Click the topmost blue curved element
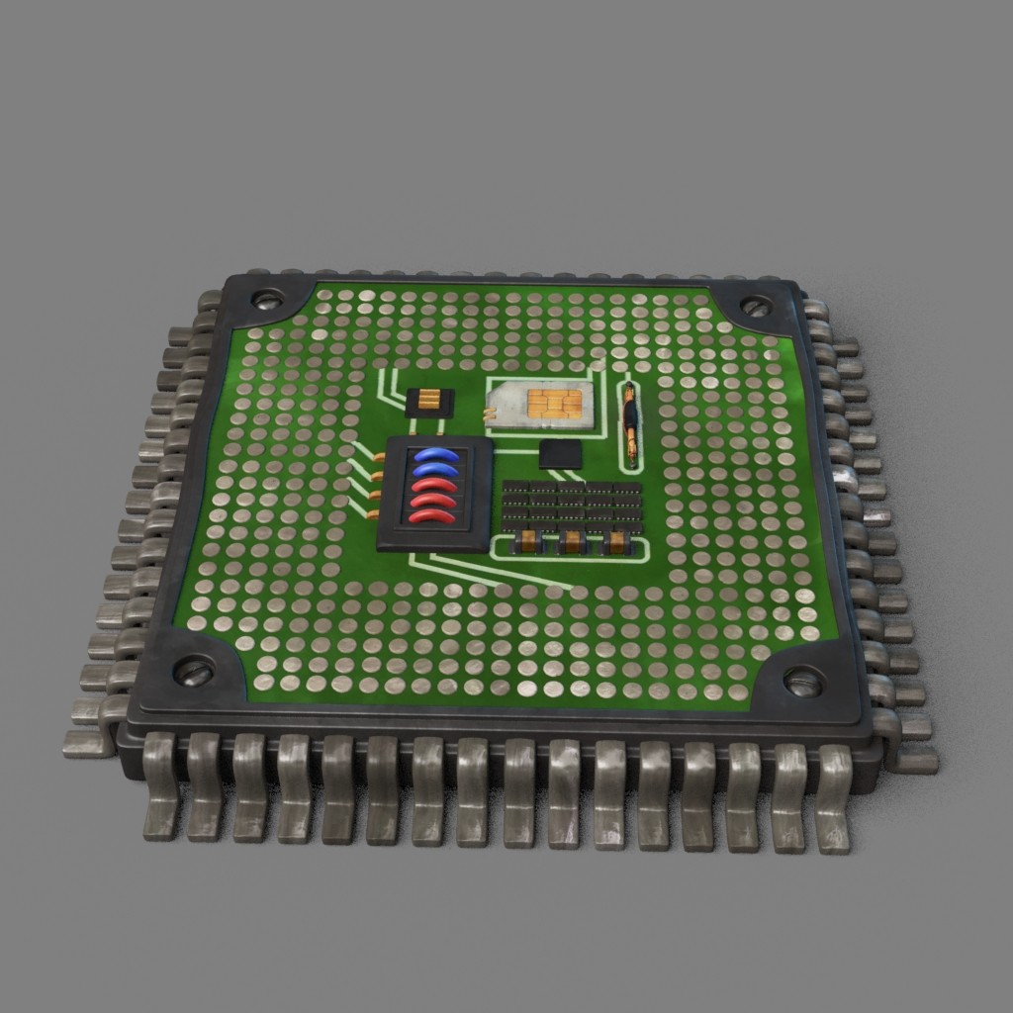(436, 455)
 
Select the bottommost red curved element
(433, 516)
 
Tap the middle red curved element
(433, 501)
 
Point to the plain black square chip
(561, 454)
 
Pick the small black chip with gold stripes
(430, 402)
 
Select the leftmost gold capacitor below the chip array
(527, 540)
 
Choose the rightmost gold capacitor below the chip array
(617, 541)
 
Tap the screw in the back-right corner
(755, 307)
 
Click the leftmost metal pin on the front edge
(161, 786)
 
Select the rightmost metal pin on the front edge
(834, 797)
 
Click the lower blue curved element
(435, 470)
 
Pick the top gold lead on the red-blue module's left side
(379, 457)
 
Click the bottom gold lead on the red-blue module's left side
(373, 513)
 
